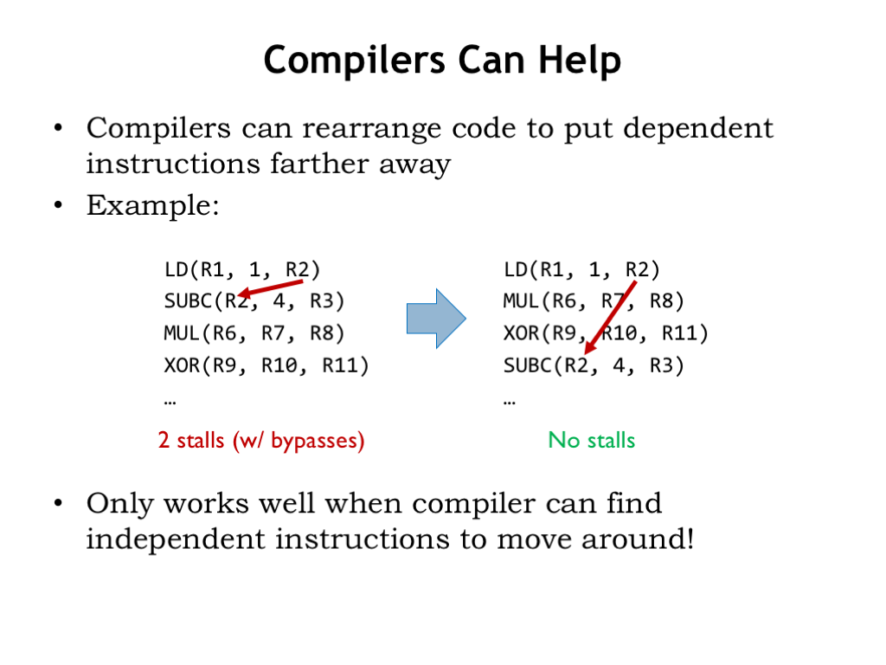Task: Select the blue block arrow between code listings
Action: click(x=436, y=319)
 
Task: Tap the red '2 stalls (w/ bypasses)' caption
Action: click(x=261, y=441)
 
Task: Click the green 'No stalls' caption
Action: click(x=592, y=440)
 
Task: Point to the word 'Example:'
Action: click(x=152, y=205)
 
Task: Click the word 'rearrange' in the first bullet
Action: click(x=371, y=129)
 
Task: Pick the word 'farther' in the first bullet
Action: click(x=319, y=164)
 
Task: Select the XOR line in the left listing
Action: click(x=266, y=366)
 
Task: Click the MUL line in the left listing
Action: click(x=254, y=333)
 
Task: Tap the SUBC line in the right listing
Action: click(x=594, y=366)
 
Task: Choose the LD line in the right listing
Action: click(x=581, y=270)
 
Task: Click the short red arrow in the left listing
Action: click(x=271, y=288)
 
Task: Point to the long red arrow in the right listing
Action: click(x=610, y=318)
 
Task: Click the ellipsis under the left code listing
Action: click(x=170, y=403)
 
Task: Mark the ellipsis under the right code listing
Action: click(x=510, y=403)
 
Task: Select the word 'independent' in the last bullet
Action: click(x=176, y=539)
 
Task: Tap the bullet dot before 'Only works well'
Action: click(x=58, y=503)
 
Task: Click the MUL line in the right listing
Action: click(x=594, y=301)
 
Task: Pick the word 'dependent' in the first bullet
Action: click(x=698, y=129)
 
